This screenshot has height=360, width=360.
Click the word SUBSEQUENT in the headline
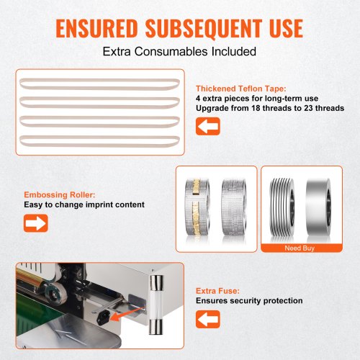tap(204, 29)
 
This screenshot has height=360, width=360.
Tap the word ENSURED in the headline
tap(96, 29)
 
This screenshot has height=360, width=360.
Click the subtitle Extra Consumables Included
tap(179, 51)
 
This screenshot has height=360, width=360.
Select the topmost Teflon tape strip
tap(99, 84)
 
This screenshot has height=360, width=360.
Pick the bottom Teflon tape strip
tap(99, 141)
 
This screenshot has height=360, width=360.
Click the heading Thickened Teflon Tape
tap(241, 89)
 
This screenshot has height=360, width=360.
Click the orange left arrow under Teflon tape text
tap(208, 126)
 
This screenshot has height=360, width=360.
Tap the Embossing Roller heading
tap(60, 194)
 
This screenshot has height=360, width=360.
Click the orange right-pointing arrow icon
tap(36, 223)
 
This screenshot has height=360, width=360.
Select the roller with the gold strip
tap(197, 207)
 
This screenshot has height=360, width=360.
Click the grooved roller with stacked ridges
tap(282, 208)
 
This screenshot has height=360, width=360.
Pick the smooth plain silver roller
tap(319, 208)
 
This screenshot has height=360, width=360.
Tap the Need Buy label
tap(300, 248)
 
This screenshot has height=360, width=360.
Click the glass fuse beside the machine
tap(156, 305)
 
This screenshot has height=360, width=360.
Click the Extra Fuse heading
tap(217, 291)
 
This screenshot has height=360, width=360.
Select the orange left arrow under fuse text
tap(208, 319)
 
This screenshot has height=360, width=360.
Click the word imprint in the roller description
tap(99, 204)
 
